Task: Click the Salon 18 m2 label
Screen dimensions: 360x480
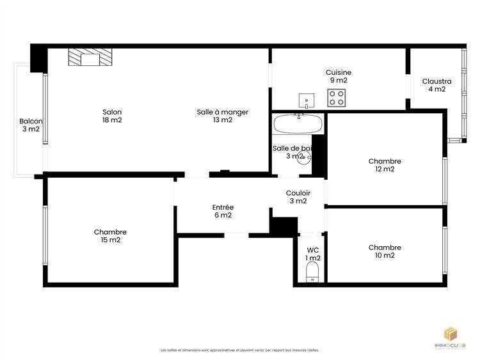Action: point(112,116)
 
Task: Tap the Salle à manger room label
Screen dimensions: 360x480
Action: point(222,116)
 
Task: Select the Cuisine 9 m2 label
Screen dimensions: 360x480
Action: point(338,76)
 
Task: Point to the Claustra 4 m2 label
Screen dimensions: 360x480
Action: point(436,85)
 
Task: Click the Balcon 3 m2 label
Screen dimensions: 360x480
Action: point(31,125)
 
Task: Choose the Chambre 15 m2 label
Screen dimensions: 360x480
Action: point(110,236)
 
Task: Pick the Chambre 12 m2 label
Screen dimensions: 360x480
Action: point(385,165)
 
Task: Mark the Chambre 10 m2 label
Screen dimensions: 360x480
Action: point(385,251)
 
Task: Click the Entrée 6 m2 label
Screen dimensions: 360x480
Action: point(222,211)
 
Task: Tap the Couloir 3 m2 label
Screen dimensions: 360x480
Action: point(298,197)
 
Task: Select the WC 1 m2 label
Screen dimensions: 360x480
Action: point(312,254)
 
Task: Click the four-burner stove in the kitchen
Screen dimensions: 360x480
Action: point(337,98)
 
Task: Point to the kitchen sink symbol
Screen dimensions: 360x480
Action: point(307,100)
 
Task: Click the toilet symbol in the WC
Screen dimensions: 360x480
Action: point(312,274)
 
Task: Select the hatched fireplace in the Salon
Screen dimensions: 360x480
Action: point(90,58)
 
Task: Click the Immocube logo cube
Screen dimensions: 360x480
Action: point(452,334)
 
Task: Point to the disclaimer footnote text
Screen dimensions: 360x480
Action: point(240,350)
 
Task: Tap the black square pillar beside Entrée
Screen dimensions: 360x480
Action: point(283,226)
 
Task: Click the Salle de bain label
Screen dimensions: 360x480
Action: point(292,152)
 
